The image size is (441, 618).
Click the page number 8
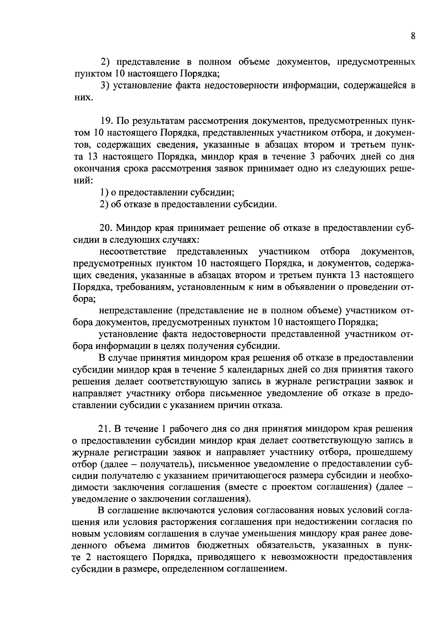[x=413, y=36]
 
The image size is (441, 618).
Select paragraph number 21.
[x=105, y=429]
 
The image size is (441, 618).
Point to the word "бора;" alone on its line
[x=84, y=299]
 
